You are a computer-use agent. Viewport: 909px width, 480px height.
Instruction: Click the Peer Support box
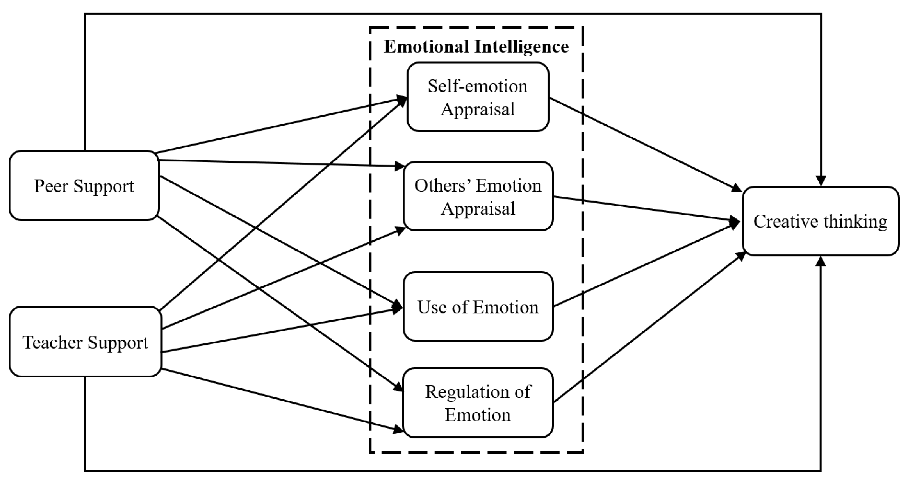tap(84, 186)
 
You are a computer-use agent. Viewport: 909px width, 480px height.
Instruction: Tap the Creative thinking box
tap(820, 221)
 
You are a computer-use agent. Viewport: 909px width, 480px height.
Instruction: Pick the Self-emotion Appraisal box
tap(478, 97)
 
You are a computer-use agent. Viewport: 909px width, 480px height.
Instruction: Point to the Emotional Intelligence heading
tap(476, 47)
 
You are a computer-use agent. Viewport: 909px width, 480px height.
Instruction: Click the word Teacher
tap(53, 342)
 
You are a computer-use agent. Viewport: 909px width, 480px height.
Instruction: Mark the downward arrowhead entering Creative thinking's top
tap(821, 181)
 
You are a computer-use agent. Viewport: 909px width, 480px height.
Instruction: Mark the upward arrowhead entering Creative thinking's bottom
tap(821, 262)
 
